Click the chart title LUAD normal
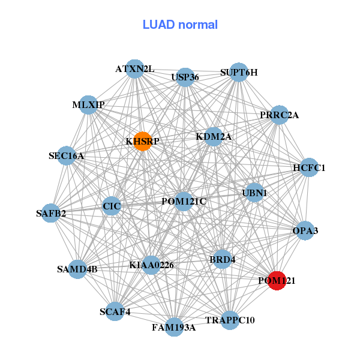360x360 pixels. coord(180,25)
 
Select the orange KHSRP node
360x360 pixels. coord(142,141)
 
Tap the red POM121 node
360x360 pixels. coord(276,280)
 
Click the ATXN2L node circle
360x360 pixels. coord(136,69)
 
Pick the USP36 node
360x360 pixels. coord(185,77)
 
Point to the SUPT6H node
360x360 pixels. coord(239,73)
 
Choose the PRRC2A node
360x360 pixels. coord(279,115)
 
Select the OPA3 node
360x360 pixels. coord(305,230)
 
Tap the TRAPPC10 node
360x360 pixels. coord(230,320)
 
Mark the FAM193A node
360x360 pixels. coord(174,327)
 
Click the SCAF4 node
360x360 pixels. coord(115,311)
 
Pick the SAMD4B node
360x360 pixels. coord(78,268)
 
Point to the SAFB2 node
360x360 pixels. coord(51,212)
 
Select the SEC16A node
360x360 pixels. coord(67,156)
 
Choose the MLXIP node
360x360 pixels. coord(88,105)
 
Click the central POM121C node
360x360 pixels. coord(184,201)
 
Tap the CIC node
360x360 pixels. coord(112,207)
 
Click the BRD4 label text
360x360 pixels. coord(221,260)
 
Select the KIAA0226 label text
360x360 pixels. coord(151,265)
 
